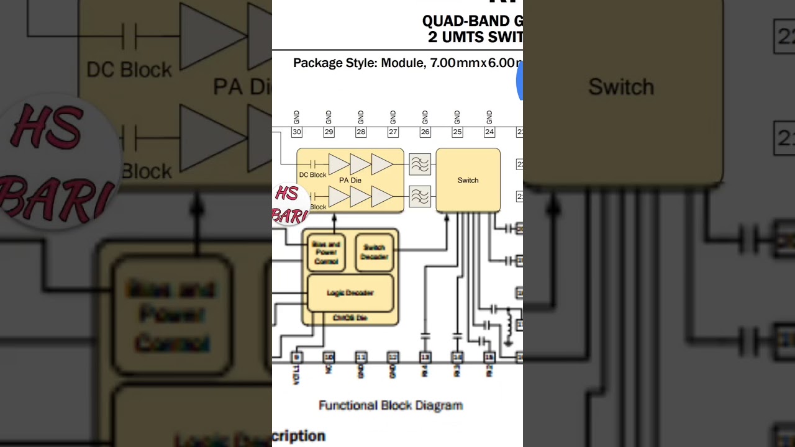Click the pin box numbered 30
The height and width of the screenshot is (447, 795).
point(296,132)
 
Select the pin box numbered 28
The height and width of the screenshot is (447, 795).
point(361,132)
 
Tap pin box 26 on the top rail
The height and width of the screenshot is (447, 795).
point(425,132)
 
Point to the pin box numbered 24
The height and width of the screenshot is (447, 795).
point(489,132)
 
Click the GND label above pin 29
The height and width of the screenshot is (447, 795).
point(329,117)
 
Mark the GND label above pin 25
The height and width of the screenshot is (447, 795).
point(457,117)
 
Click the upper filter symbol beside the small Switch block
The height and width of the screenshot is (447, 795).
point(420,165)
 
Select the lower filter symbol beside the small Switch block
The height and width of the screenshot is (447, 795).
point(420,197)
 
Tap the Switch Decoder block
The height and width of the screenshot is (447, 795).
point(375,252)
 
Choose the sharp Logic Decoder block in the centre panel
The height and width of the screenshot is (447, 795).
point(350,293)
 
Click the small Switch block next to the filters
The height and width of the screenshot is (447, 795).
point(468,180)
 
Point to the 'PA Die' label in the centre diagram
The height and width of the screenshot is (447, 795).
point(350,180)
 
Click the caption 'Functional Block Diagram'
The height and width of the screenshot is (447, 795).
point(391,405)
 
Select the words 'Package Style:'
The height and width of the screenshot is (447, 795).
point(335,63)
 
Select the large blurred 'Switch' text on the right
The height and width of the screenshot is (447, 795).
point(621,87)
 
